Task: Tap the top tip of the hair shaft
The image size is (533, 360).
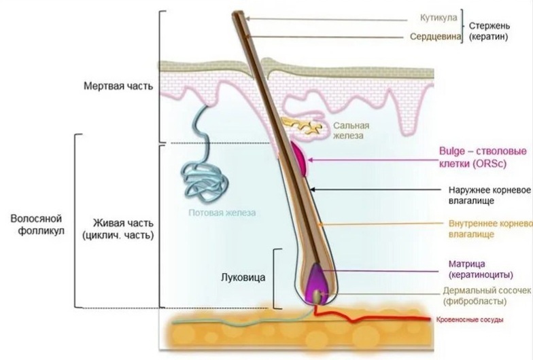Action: click(237, 13)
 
